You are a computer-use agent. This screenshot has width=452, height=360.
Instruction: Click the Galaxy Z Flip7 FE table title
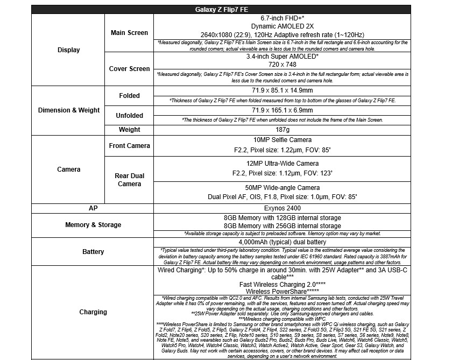(x=221, y=9)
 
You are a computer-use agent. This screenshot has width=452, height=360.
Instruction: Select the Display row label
(x=68, y=50)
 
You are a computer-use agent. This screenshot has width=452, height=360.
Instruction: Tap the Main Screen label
(x=129, y=33)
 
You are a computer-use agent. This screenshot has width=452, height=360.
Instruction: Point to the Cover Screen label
(x=129, y=69)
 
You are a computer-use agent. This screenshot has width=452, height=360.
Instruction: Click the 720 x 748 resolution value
(x=282, y=64)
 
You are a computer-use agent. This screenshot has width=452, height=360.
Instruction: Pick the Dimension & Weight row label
(x=68, y=110)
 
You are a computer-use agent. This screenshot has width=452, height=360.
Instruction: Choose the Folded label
(x=129, y=96)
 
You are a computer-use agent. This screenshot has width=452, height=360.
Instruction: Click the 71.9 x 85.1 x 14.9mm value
(x=282, y=90)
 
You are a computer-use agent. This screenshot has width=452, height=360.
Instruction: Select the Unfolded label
(x=129, y=116)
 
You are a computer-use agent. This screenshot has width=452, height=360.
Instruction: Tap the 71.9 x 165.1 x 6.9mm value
(x=282, y=110)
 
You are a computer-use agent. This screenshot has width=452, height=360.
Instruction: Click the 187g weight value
(x=282, y=130)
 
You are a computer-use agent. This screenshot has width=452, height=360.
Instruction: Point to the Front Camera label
(x=129, y=145)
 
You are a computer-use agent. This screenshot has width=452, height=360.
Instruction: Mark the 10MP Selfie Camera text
(x=282, y=140)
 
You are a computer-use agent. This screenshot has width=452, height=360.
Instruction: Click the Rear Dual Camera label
(x=129, y=180)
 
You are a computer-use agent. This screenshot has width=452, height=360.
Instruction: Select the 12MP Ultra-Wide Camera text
(x=282, y=164)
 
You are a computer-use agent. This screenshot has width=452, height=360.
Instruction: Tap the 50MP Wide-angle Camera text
(x=282, y=188)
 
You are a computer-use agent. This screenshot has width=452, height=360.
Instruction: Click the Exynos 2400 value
(x=282, y=208)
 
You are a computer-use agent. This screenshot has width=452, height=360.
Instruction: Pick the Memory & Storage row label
(x=93, y=225)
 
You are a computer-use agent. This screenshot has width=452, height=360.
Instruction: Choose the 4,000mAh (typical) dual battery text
(x=282, y=242)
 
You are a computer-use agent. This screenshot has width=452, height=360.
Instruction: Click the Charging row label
(x=93, y=312)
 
